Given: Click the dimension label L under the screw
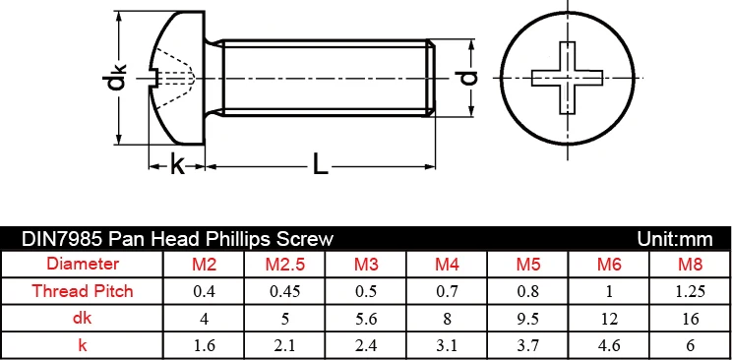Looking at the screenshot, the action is (321, 165).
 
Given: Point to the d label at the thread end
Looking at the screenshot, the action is (468, 78).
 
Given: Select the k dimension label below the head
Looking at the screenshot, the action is (177, 164).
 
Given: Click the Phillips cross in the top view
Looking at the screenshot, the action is (568, 78).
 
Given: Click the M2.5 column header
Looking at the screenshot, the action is (285, 265).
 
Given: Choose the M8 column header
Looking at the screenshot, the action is (691, 265).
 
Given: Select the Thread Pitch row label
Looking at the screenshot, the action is (83, 291).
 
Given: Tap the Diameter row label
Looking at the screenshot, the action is (83, 264).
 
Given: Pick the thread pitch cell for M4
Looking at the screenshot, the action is (448, 292).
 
